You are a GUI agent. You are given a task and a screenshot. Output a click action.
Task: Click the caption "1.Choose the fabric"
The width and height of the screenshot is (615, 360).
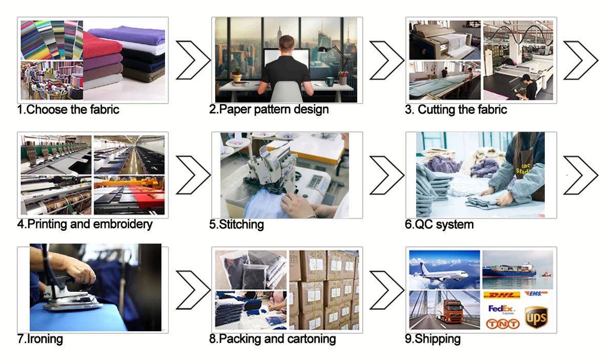[x=68, y=109]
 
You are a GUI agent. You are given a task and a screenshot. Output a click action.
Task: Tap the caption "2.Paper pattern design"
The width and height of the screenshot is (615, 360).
[x=269, y=109]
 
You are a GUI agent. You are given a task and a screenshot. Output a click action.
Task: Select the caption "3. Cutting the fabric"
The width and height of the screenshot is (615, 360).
[x=456, y=109]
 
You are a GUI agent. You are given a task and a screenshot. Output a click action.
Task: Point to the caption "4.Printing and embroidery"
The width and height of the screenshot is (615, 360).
[x=85, y=224]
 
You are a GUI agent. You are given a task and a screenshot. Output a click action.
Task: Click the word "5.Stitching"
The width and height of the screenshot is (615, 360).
[x=237, y=224]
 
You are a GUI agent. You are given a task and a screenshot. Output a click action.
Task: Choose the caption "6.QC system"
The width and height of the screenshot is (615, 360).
[x=439, y=224]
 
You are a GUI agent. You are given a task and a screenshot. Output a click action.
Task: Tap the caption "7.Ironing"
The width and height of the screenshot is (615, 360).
[x=40, y=339]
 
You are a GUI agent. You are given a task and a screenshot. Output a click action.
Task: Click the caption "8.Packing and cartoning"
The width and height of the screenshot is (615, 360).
[x=273, y=339]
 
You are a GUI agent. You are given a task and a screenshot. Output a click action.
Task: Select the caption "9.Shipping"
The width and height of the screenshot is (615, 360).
[x=433, y=339]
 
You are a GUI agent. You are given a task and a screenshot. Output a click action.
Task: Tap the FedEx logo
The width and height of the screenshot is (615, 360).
[x=501, y=309]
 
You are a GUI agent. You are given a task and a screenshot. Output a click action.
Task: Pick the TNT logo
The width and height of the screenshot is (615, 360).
[x=502, y=324]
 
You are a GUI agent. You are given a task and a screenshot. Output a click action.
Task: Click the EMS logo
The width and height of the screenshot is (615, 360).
[x=536, y=294]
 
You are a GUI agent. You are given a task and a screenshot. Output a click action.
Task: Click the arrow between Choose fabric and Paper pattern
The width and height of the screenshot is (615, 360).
[x=193, y=60]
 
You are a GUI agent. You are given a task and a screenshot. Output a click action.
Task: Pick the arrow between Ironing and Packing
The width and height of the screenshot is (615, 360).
[x=193, y=290]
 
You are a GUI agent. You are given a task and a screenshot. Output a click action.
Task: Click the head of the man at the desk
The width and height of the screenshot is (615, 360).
[x=287, y=43]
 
